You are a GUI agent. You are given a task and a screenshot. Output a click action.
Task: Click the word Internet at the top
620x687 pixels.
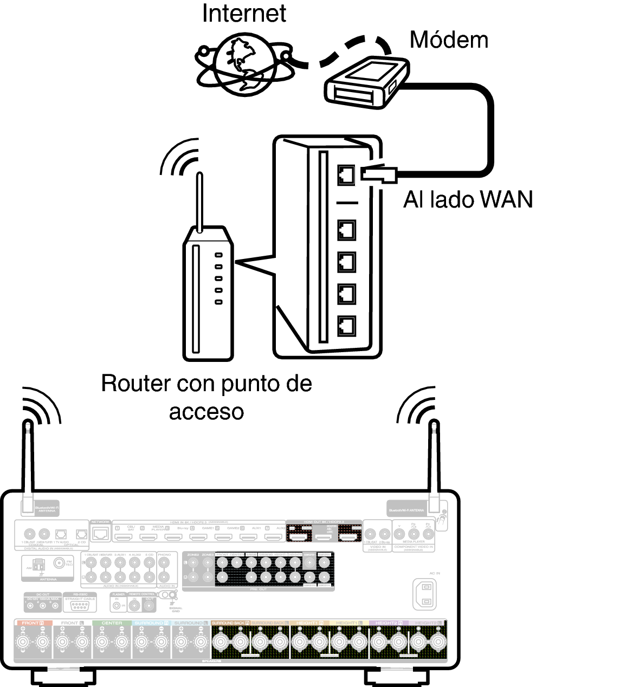244,13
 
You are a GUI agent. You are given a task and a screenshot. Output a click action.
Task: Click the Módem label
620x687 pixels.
448,40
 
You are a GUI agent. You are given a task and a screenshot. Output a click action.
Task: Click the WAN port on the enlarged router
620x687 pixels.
346,173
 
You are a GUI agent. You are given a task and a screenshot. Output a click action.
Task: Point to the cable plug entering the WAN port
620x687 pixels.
380,174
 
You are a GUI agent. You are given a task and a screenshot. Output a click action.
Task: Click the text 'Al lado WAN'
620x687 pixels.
468,199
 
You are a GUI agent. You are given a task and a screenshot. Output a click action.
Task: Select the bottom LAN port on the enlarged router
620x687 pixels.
346,326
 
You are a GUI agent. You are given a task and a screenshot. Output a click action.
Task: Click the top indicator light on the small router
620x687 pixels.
218,255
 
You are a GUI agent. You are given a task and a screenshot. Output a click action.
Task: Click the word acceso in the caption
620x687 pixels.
206,411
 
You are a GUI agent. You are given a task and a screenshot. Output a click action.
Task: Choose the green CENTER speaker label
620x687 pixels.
112,623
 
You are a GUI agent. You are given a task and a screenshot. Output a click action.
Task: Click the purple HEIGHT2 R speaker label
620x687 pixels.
388,623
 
